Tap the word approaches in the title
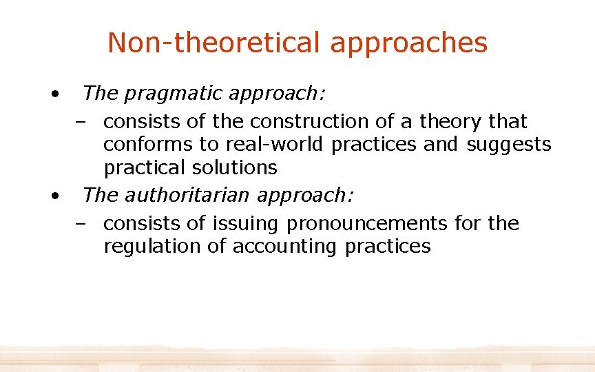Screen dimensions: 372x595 click(x=409, y=43)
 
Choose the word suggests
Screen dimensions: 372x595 click(x=509, y=145)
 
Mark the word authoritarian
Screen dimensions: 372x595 click(x=189, y=195)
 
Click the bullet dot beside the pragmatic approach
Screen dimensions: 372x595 click(x=53, y=92)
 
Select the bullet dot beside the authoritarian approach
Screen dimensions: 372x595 click(x=53, y=195)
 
